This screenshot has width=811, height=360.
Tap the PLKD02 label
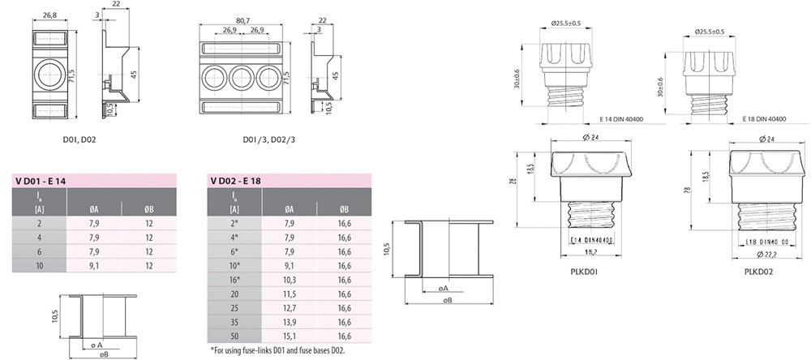point(758,271)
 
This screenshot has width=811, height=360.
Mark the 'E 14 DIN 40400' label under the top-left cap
point(620,119)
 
